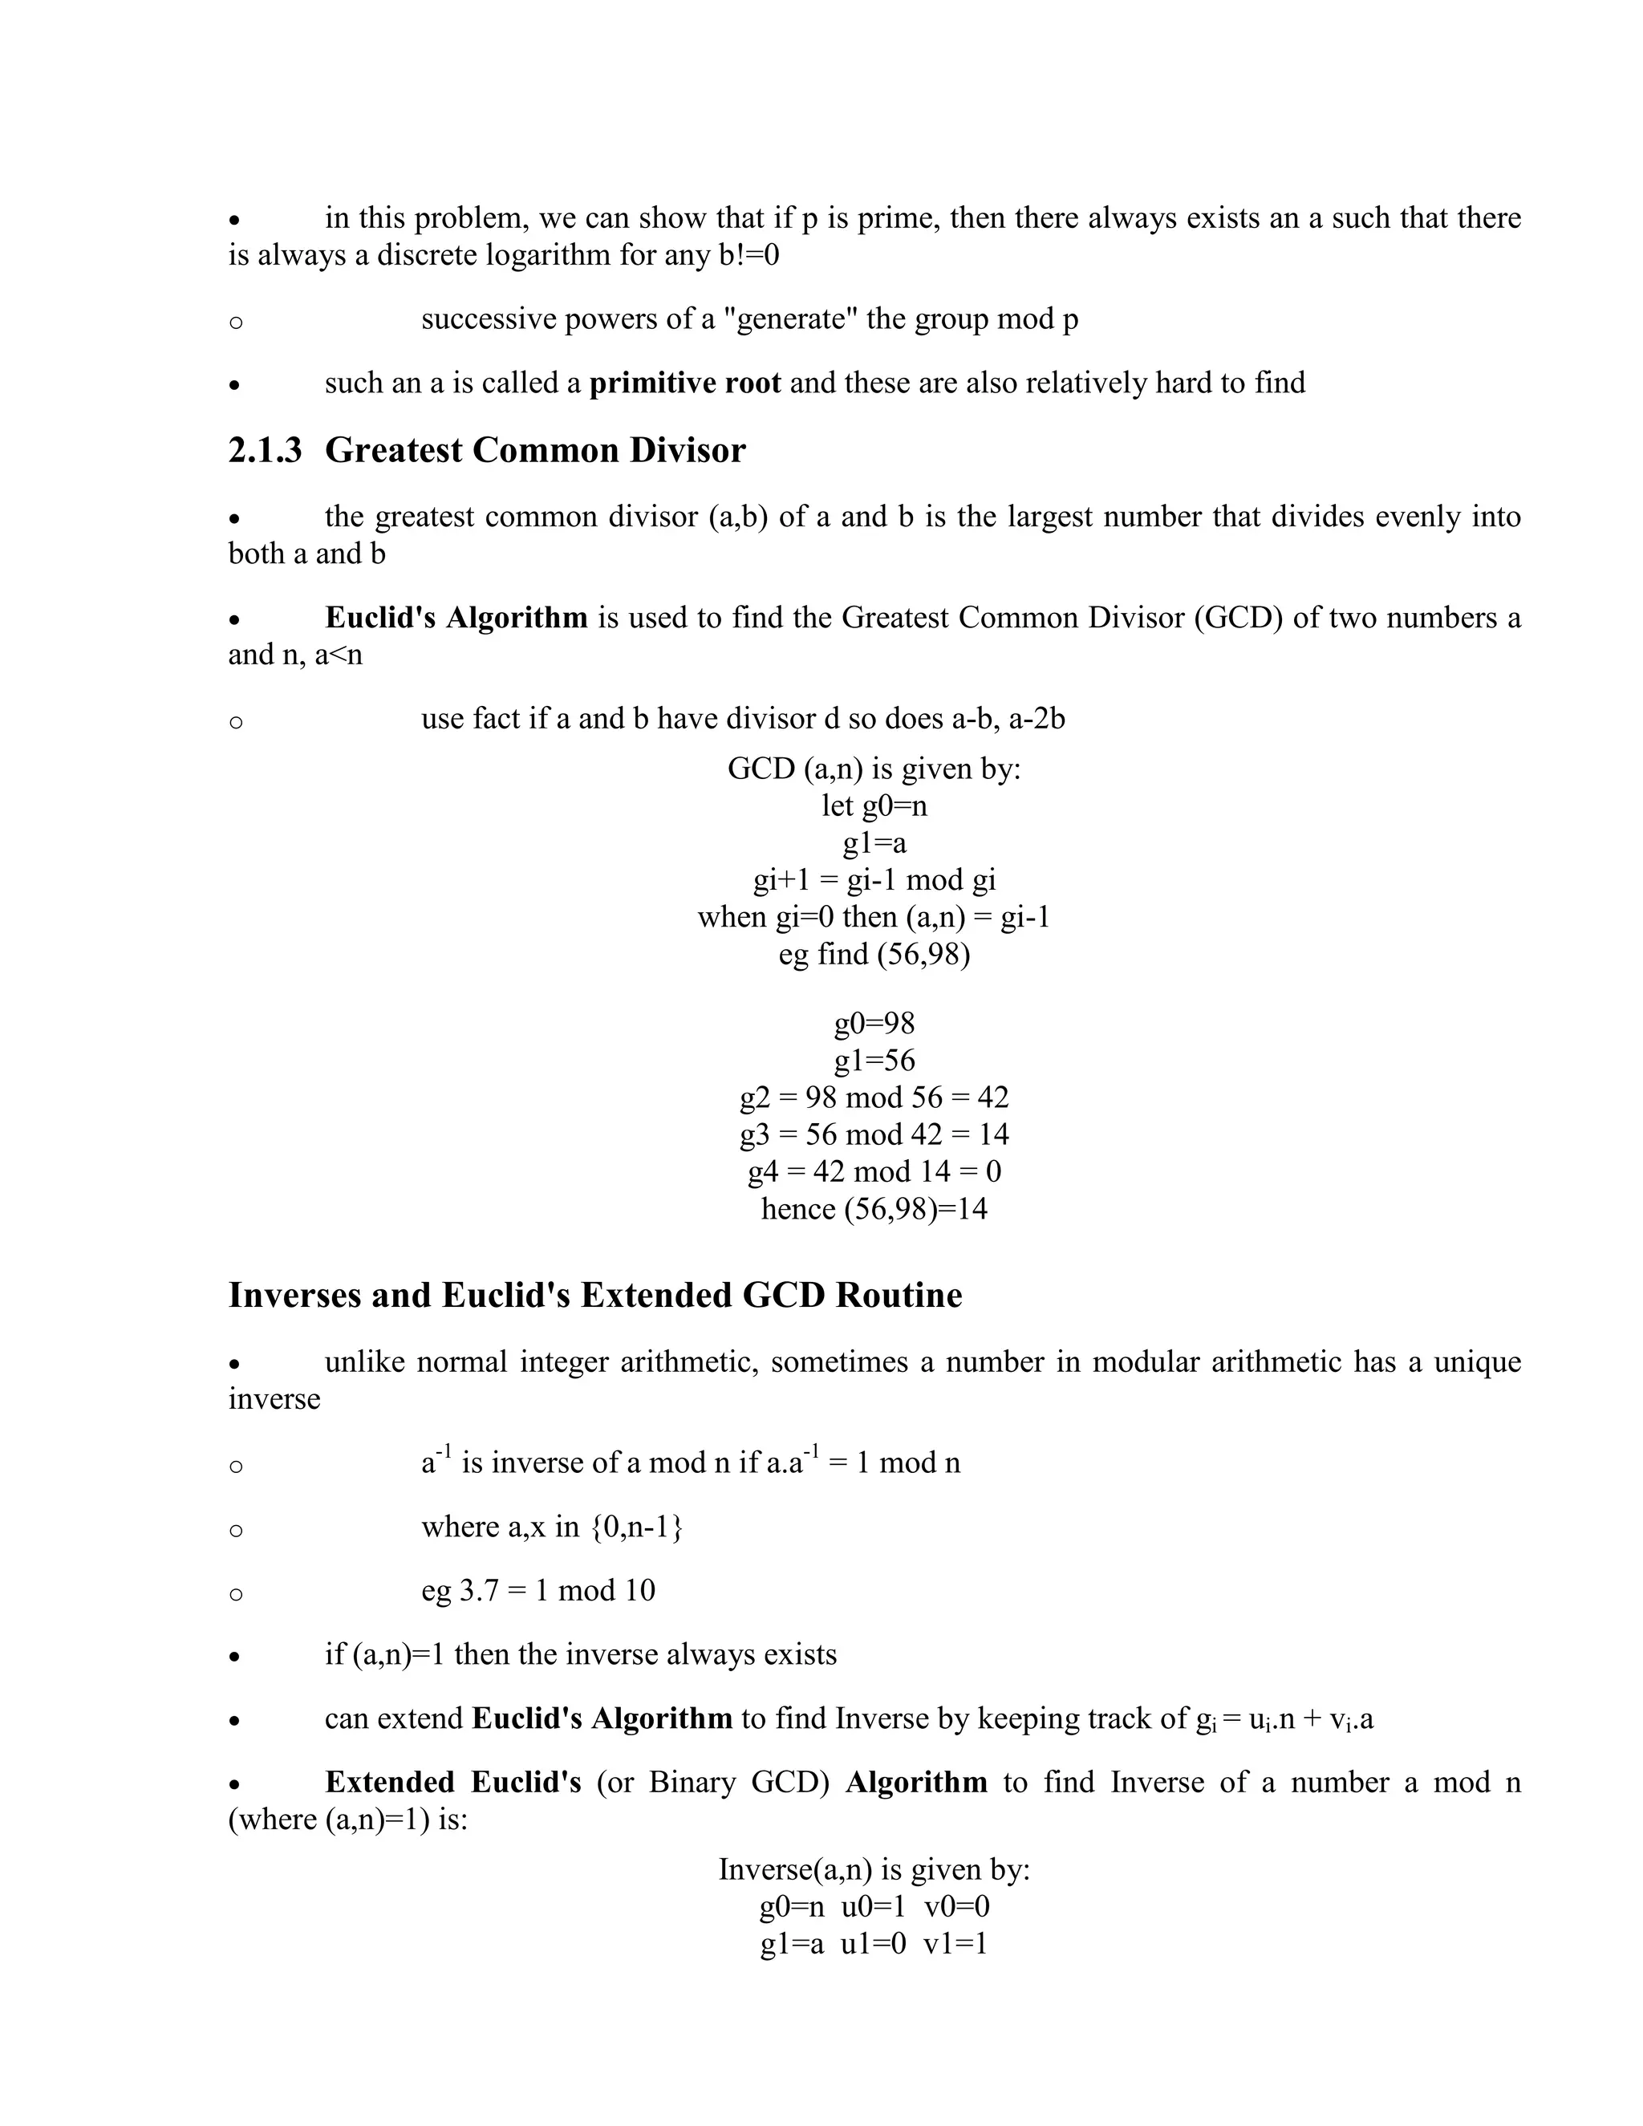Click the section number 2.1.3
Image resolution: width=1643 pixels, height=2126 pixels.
[265, 451]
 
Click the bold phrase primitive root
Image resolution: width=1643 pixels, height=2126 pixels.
[684, 383]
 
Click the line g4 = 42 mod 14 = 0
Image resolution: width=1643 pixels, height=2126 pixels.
[873, 1171]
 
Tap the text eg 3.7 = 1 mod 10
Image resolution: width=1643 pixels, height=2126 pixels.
[538, 1591]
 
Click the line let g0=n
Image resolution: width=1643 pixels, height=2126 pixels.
[873, 806]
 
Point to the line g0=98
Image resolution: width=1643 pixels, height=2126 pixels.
[873, 1023]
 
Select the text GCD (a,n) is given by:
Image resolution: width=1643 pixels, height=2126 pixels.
[873, 769]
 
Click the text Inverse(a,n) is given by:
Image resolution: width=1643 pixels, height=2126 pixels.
[873, 1869]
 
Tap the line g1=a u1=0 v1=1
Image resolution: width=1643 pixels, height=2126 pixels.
[873, 1943]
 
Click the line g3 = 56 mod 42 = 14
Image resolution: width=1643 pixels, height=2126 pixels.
[873, 1134]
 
